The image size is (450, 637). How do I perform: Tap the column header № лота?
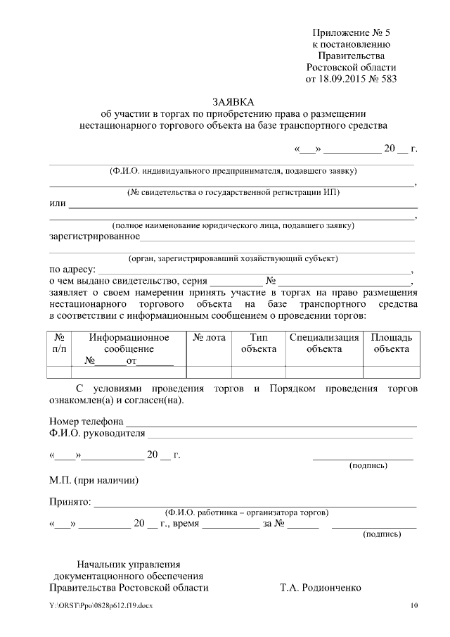[209, 337]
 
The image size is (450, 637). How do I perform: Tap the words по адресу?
[72, 269]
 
